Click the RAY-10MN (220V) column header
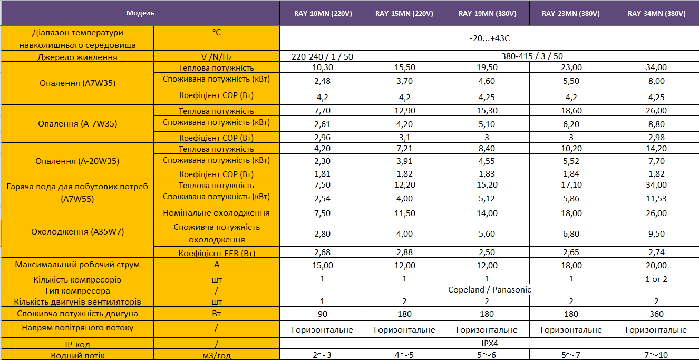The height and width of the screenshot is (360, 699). pyautogui.click(x=322, y=13)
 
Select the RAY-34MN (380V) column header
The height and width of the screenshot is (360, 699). pyautogui.click(x=656, y=13)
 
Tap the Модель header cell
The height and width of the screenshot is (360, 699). pyautogui.click(x=140, y=13)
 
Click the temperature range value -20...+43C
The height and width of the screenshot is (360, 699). pyautogui.click(x=489, y=38)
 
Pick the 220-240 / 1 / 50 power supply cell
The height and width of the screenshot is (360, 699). pyautogui.click(x=322, y=56)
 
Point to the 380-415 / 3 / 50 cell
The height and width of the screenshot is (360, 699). pyautogui.click(x=532, y=56)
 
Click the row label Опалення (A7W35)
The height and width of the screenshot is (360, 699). pyautogui.click(x=77, y=83)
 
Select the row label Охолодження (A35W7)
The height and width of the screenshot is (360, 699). pyautogui.click(x=77, y=232)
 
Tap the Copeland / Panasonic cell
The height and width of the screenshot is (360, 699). pyautogui.click(x=489, y=290)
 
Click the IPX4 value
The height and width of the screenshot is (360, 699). pyautogui.click(x=489, y=344)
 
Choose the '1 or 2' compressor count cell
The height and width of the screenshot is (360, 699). pyautogui.click(x=656, y=279)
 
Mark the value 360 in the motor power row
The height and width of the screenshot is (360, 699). pyautogui.click(x=656, y=314)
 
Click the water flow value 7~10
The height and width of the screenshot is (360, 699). pyautogui.click(x=656, y=355)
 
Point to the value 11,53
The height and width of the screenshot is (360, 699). pyautogui.click(x=656, y=199)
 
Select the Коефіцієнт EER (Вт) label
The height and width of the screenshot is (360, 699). pyautogui.click(x=216, y=253)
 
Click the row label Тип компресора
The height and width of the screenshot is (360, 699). pyautogui.click(x=77, y=290)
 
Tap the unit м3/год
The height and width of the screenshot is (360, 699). pyautogui.click(x=216, y=355)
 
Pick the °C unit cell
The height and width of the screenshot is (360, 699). pyautogui.click(x=216, y=33)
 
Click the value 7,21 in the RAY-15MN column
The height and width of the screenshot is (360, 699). pyautogui.click(x=404, y=149)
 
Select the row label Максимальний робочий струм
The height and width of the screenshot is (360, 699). pyautogui.click(x=77, y=265)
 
